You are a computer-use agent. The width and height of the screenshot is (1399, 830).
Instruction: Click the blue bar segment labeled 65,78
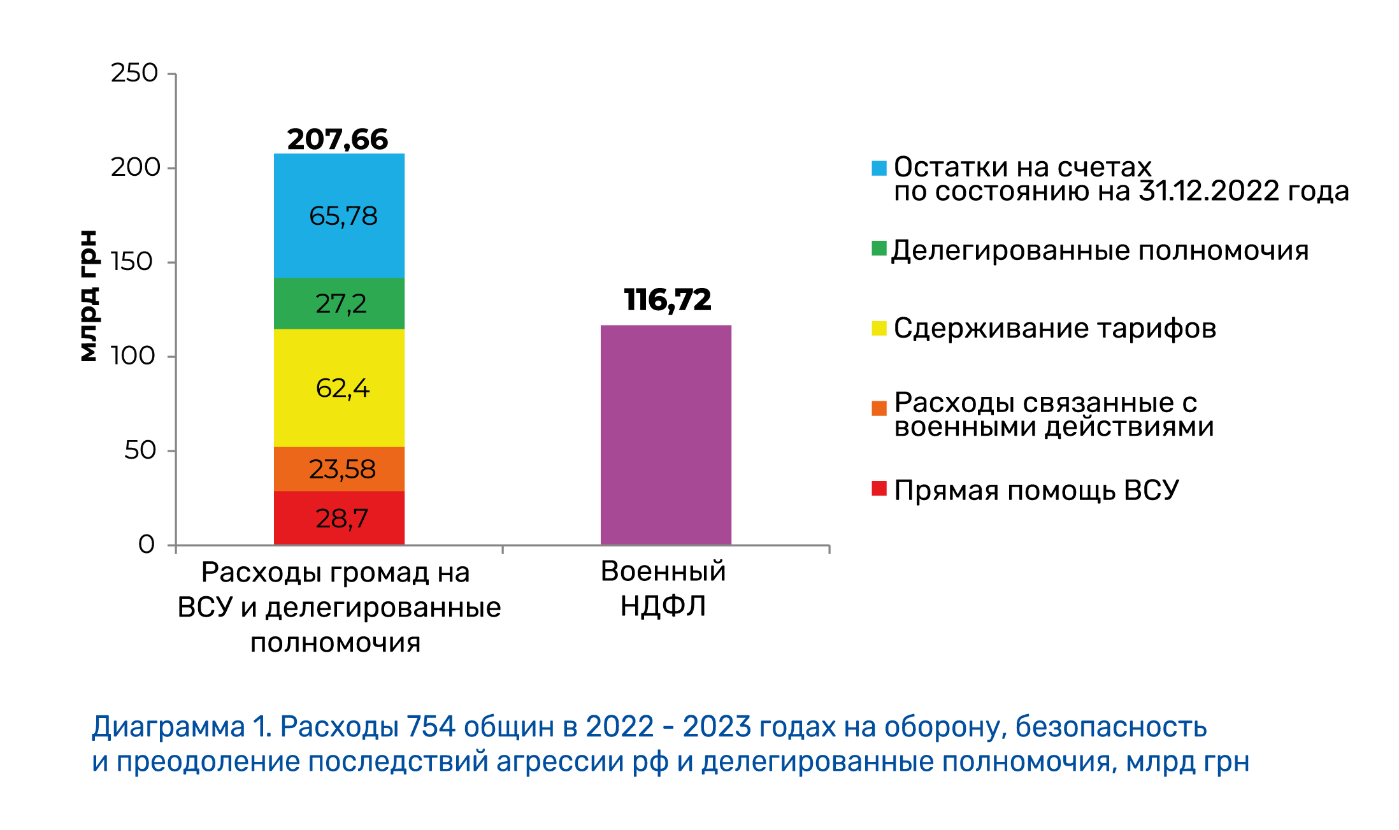[x=339, y=215]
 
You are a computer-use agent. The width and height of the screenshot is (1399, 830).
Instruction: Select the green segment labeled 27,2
[x=339, y=303]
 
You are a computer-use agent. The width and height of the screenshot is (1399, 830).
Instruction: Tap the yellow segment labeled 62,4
[x=339, y=387]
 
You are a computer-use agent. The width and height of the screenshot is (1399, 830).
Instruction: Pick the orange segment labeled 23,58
[x=339, y=469]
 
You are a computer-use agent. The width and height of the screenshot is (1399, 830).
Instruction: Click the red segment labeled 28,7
[x=339, y=518]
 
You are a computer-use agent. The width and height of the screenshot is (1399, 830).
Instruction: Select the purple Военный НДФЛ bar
[x=666, y=434]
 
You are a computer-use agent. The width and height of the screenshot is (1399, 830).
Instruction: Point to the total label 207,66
[x=337, y=139]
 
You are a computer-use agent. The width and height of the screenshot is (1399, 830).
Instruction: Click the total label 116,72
[x=667, y=299]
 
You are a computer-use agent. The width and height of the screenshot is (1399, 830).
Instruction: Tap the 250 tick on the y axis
[x=134, y=73]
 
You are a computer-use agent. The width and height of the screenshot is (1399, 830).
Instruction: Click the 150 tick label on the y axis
[x=132, y=262]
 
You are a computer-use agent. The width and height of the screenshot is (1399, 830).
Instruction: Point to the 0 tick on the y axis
[x=147, y=545]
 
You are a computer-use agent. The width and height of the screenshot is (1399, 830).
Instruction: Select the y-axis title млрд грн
[x=89, y=296]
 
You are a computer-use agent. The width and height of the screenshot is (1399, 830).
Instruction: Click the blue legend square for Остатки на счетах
[x=879, y=168]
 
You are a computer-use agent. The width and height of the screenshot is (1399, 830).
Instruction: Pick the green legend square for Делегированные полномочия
[x=879, y=248]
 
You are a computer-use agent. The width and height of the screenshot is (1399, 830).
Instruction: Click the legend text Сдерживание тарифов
[x=1055, y=329]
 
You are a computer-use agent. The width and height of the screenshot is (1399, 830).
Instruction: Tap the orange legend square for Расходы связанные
[x=879, y=408]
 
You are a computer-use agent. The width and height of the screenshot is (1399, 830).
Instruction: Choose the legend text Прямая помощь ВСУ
[x=1037, y=490]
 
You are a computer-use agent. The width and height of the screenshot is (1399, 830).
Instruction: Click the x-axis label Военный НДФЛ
[x=663, y=588]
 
